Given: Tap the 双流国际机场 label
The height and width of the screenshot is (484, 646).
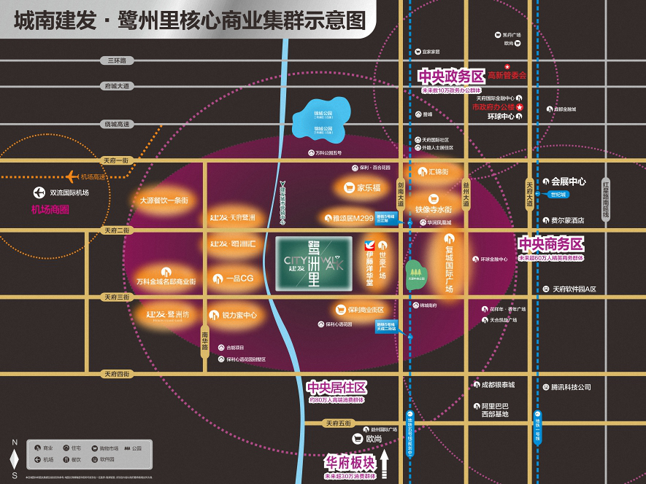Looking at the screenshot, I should [69, 193].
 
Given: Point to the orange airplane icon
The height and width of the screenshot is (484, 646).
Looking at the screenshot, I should [72, 176].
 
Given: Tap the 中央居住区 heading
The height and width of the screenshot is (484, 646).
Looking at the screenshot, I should [336, 387].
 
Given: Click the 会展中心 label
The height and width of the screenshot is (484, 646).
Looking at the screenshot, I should [569, 181].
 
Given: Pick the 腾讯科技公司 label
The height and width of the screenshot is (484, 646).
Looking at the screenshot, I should [566, 387].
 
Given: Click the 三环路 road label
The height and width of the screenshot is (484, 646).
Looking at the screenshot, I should [116, 60].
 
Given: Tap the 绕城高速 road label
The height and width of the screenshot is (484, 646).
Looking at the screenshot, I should [116, 124].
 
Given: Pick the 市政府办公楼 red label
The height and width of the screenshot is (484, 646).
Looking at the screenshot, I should [493, 107].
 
